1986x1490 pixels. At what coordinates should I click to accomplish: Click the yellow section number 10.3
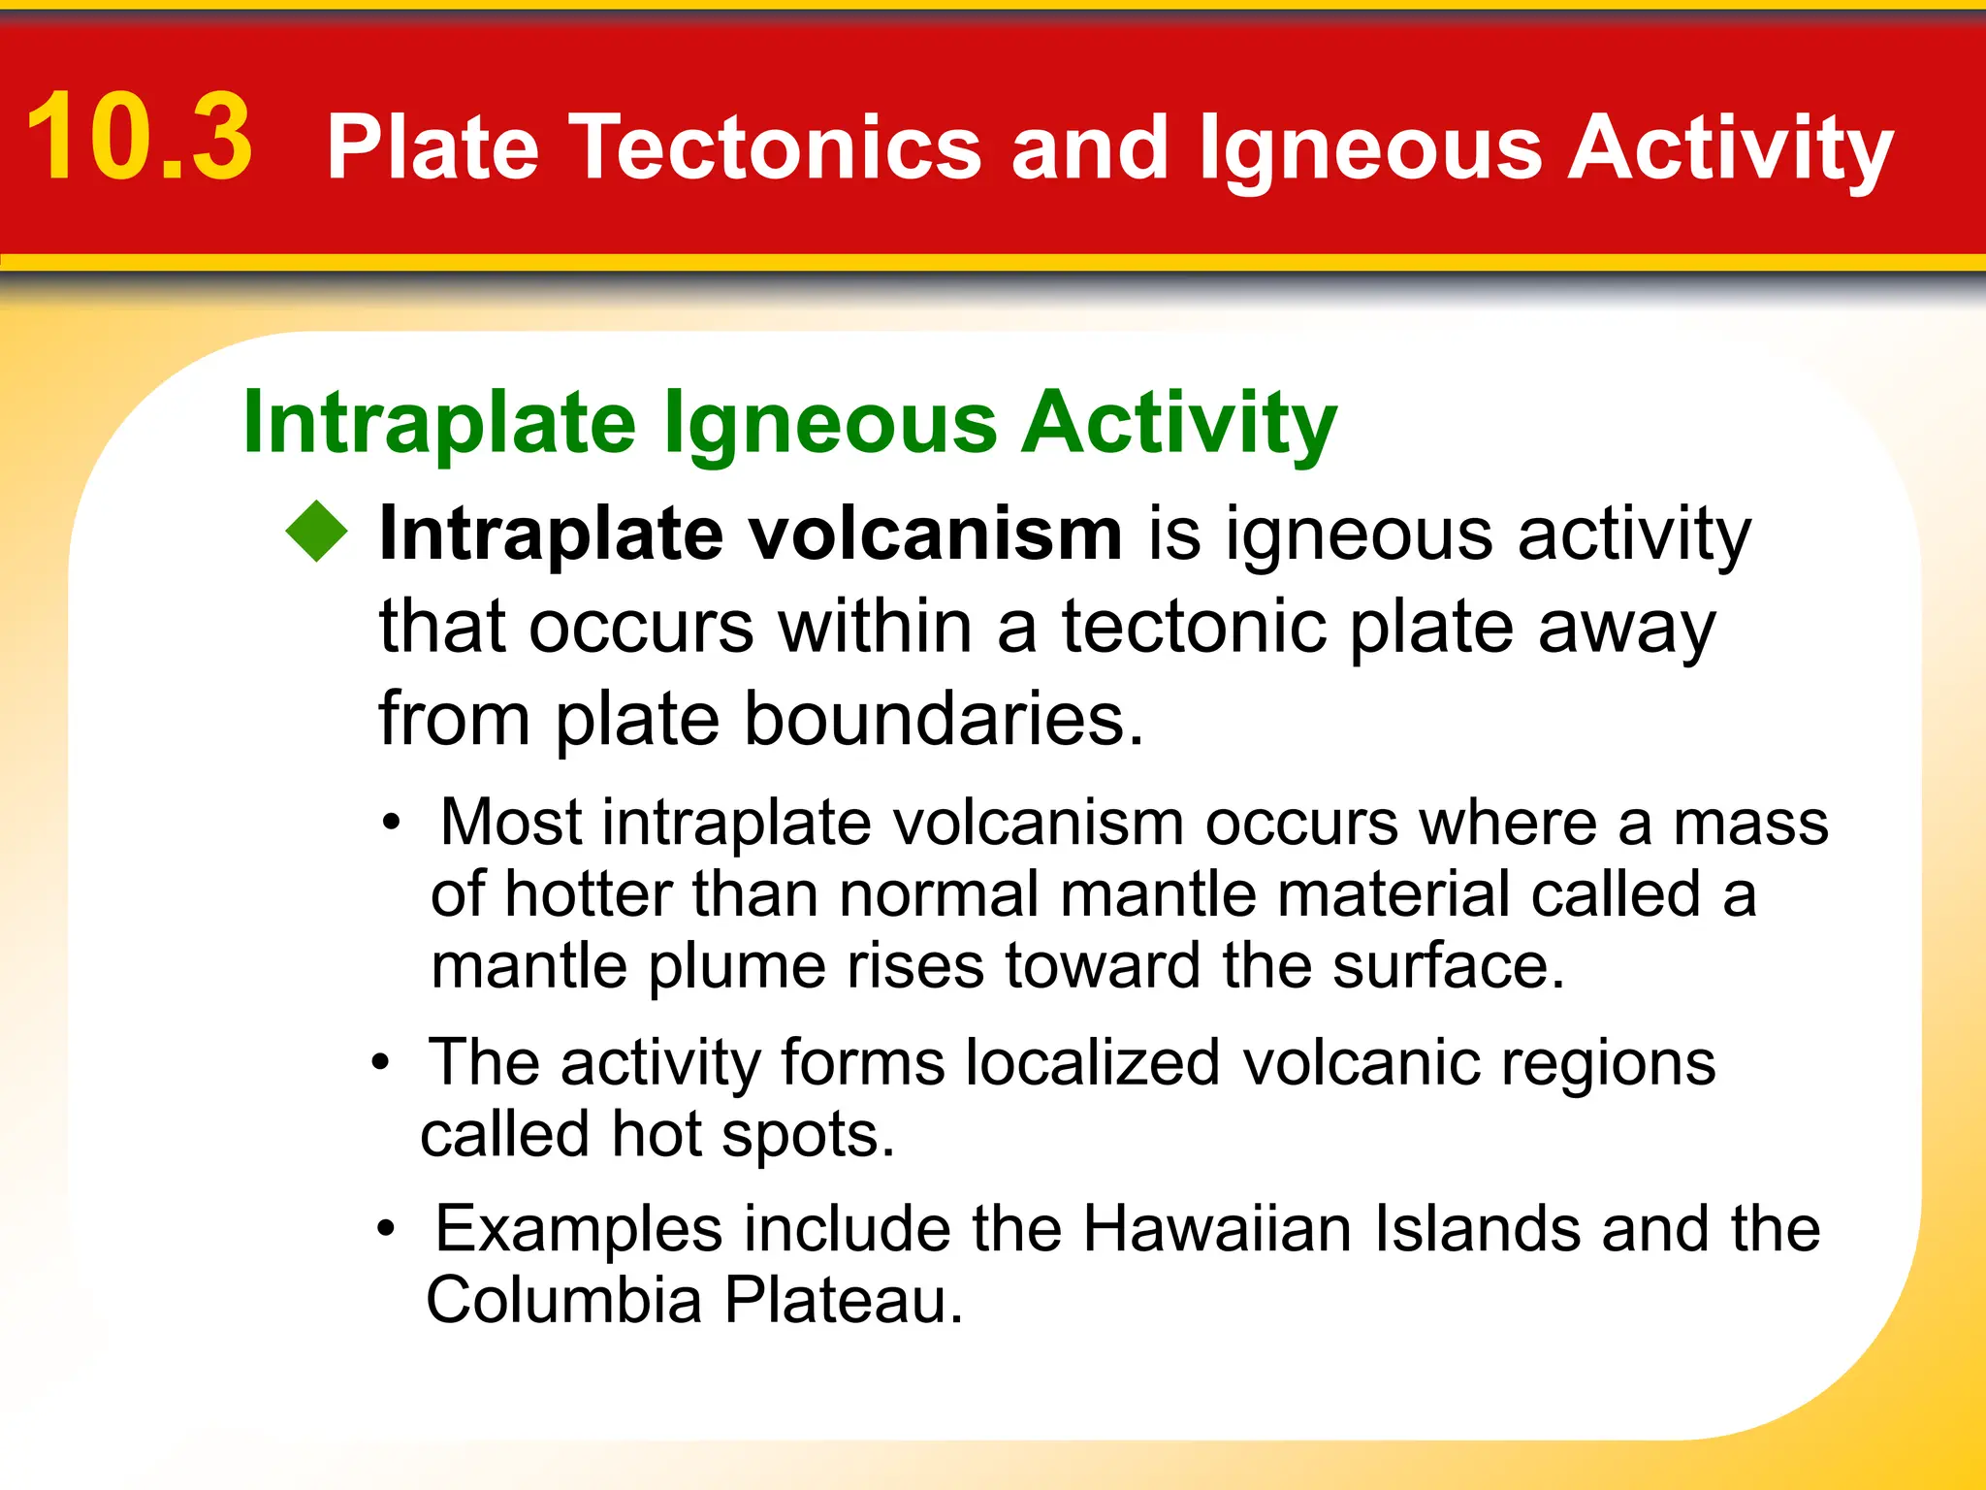click(140, 138)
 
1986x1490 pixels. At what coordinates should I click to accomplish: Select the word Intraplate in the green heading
click(439, 424)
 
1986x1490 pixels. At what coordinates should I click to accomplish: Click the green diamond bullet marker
click(317, 531)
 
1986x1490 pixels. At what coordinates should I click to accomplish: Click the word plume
click(736, 968)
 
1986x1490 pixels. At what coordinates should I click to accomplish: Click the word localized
click(1093, 1063)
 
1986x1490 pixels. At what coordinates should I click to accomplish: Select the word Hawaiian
click(1216, 1230)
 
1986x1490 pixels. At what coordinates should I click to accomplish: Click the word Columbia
click(563, 1301)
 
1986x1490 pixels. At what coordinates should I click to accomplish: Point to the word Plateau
click(843, 1301)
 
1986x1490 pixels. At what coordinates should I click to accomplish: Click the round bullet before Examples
click(387, 1230)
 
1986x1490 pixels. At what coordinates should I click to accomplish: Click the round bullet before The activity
click(381, 1063)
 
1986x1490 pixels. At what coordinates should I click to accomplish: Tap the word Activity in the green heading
click(1179, 424)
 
